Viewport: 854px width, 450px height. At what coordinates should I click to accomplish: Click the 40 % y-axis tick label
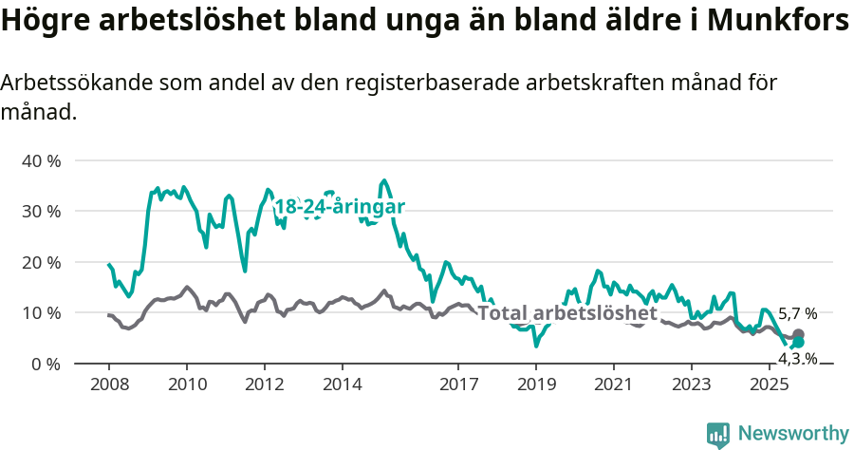coord(41,160)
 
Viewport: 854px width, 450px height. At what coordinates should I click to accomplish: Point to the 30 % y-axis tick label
coord(41,211)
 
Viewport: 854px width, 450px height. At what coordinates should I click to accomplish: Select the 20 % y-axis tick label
coord(41,262)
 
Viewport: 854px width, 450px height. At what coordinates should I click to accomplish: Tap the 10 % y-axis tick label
coord(41,312)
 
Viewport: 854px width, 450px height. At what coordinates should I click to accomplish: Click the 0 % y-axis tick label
coord(46,364)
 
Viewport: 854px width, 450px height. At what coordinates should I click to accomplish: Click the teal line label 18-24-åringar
coord(340,207)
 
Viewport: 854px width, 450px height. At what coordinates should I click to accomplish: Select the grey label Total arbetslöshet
coord(566,313)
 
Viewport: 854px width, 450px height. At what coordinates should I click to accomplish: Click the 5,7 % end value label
coord(797,314)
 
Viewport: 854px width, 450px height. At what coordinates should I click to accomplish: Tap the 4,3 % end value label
coord(797,358)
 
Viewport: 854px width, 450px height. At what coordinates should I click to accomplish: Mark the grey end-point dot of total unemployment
coord(798,335)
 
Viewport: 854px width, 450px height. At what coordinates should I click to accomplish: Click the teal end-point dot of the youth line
coord(798,343)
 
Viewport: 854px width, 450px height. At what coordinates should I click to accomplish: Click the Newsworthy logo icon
coord(718,434)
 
